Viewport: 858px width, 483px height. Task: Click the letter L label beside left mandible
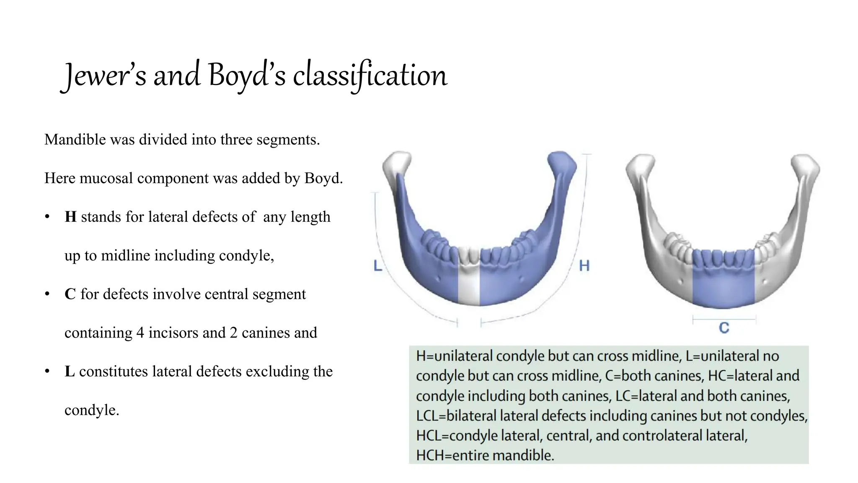click(x=378, y=265)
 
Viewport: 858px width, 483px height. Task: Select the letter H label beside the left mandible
click(x=584, y=265)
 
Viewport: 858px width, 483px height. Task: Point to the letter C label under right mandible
click(x=724, y=328)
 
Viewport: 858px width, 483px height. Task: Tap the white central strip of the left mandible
click(x=469, y=285)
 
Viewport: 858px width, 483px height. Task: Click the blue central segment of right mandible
click(x=724, y=281)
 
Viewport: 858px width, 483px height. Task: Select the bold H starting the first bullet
click(x=70, y=217)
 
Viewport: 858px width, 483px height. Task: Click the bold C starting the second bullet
click(x=70, y=294)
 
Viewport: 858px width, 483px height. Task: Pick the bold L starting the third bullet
click(x=70, y=371)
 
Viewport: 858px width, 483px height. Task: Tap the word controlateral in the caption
click(x=685, y=436)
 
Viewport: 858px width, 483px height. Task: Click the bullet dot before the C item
click(x=47, y=294)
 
